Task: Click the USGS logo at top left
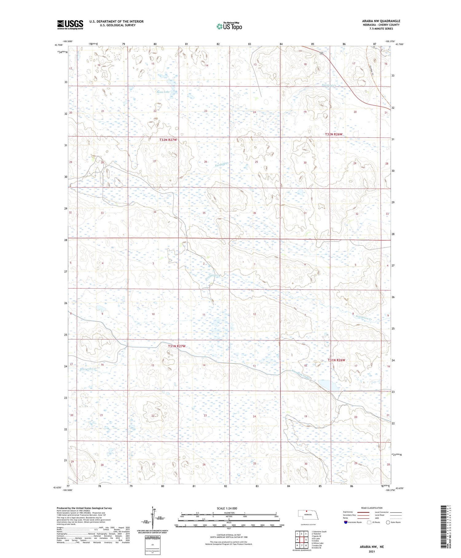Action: click(70, 25)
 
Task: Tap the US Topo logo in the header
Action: click(229, 26)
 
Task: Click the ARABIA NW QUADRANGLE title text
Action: click(381, 21)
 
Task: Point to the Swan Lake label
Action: click(163, 92)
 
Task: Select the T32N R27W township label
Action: click(168, 140)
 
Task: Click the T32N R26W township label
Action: click(333, 134)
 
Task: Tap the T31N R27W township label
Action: click(177, 346)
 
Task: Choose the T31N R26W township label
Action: click(336, 360)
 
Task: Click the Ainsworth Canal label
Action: click(302, 375)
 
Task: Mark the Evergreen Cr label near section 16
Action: click(88, 369)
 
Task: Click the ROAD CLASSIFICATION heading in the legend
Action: click(372, 508)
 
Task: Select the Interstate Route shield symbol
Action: click(346, 522)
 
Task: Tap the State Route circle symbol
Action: click(388, 522)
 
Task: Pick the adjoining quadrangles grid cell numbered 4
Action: click(297, 539)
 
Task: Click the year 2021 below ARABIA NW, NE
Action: click(372, 551)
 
